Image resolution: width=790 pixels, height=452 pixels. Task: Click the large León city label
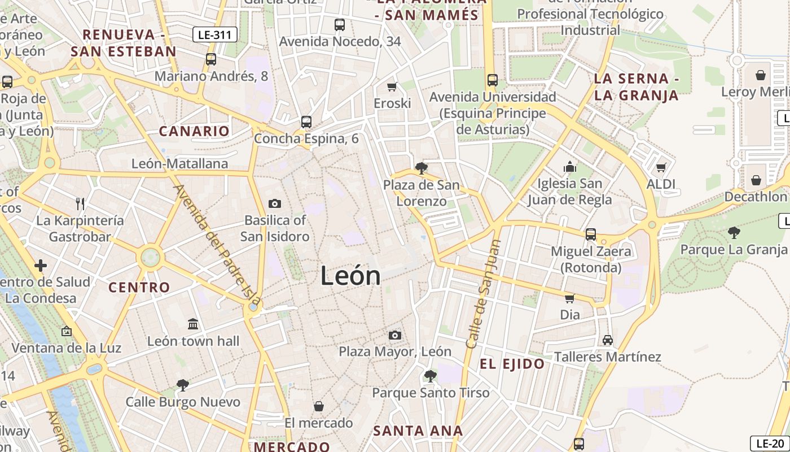350,276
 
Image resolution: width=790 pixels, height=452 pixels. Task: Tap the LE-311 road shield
214,35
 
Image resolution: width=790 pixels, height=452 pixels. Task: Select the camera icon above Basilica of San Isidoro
275,204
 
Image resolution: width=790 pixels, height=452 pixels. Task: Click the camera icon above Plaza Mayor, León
395,336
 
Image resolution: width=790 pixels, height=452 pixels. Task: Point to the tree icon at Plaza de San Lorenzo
420,168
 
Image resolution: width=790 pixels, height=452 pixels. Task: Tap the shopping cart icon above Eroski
392,86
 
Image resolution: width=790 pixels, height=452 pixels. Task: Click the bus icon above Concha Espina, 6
306,121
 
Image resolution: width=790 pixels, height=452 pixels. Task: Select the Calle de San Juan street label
483,294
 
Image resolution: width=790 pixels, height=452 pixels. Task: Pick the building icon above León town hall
193,324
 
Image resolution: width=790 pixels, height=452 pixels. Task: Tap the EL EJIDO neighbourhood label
512,364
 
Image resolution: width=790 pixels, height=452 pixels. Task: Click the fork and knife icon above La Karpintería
80,203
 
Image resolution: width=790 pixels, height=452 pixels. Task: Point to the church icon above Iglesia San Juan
570,167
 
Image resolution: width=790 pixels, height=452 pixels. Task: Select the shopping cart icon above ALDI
661,167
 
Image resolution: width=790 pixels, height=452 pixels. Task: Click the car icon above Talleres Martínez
607,340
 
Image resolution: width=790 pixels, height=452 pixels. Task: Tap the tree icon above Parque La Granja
734,232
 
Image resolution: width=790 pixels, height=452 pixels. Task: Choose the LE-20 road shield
770,444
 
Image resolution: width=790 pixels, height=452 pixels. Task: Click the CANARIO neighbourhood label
194,132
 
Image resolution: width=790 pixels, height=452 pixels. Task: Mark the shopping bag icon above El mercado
319,406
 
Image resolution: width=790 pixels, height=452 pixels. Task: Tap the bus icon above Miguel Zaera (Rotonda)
591,234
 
